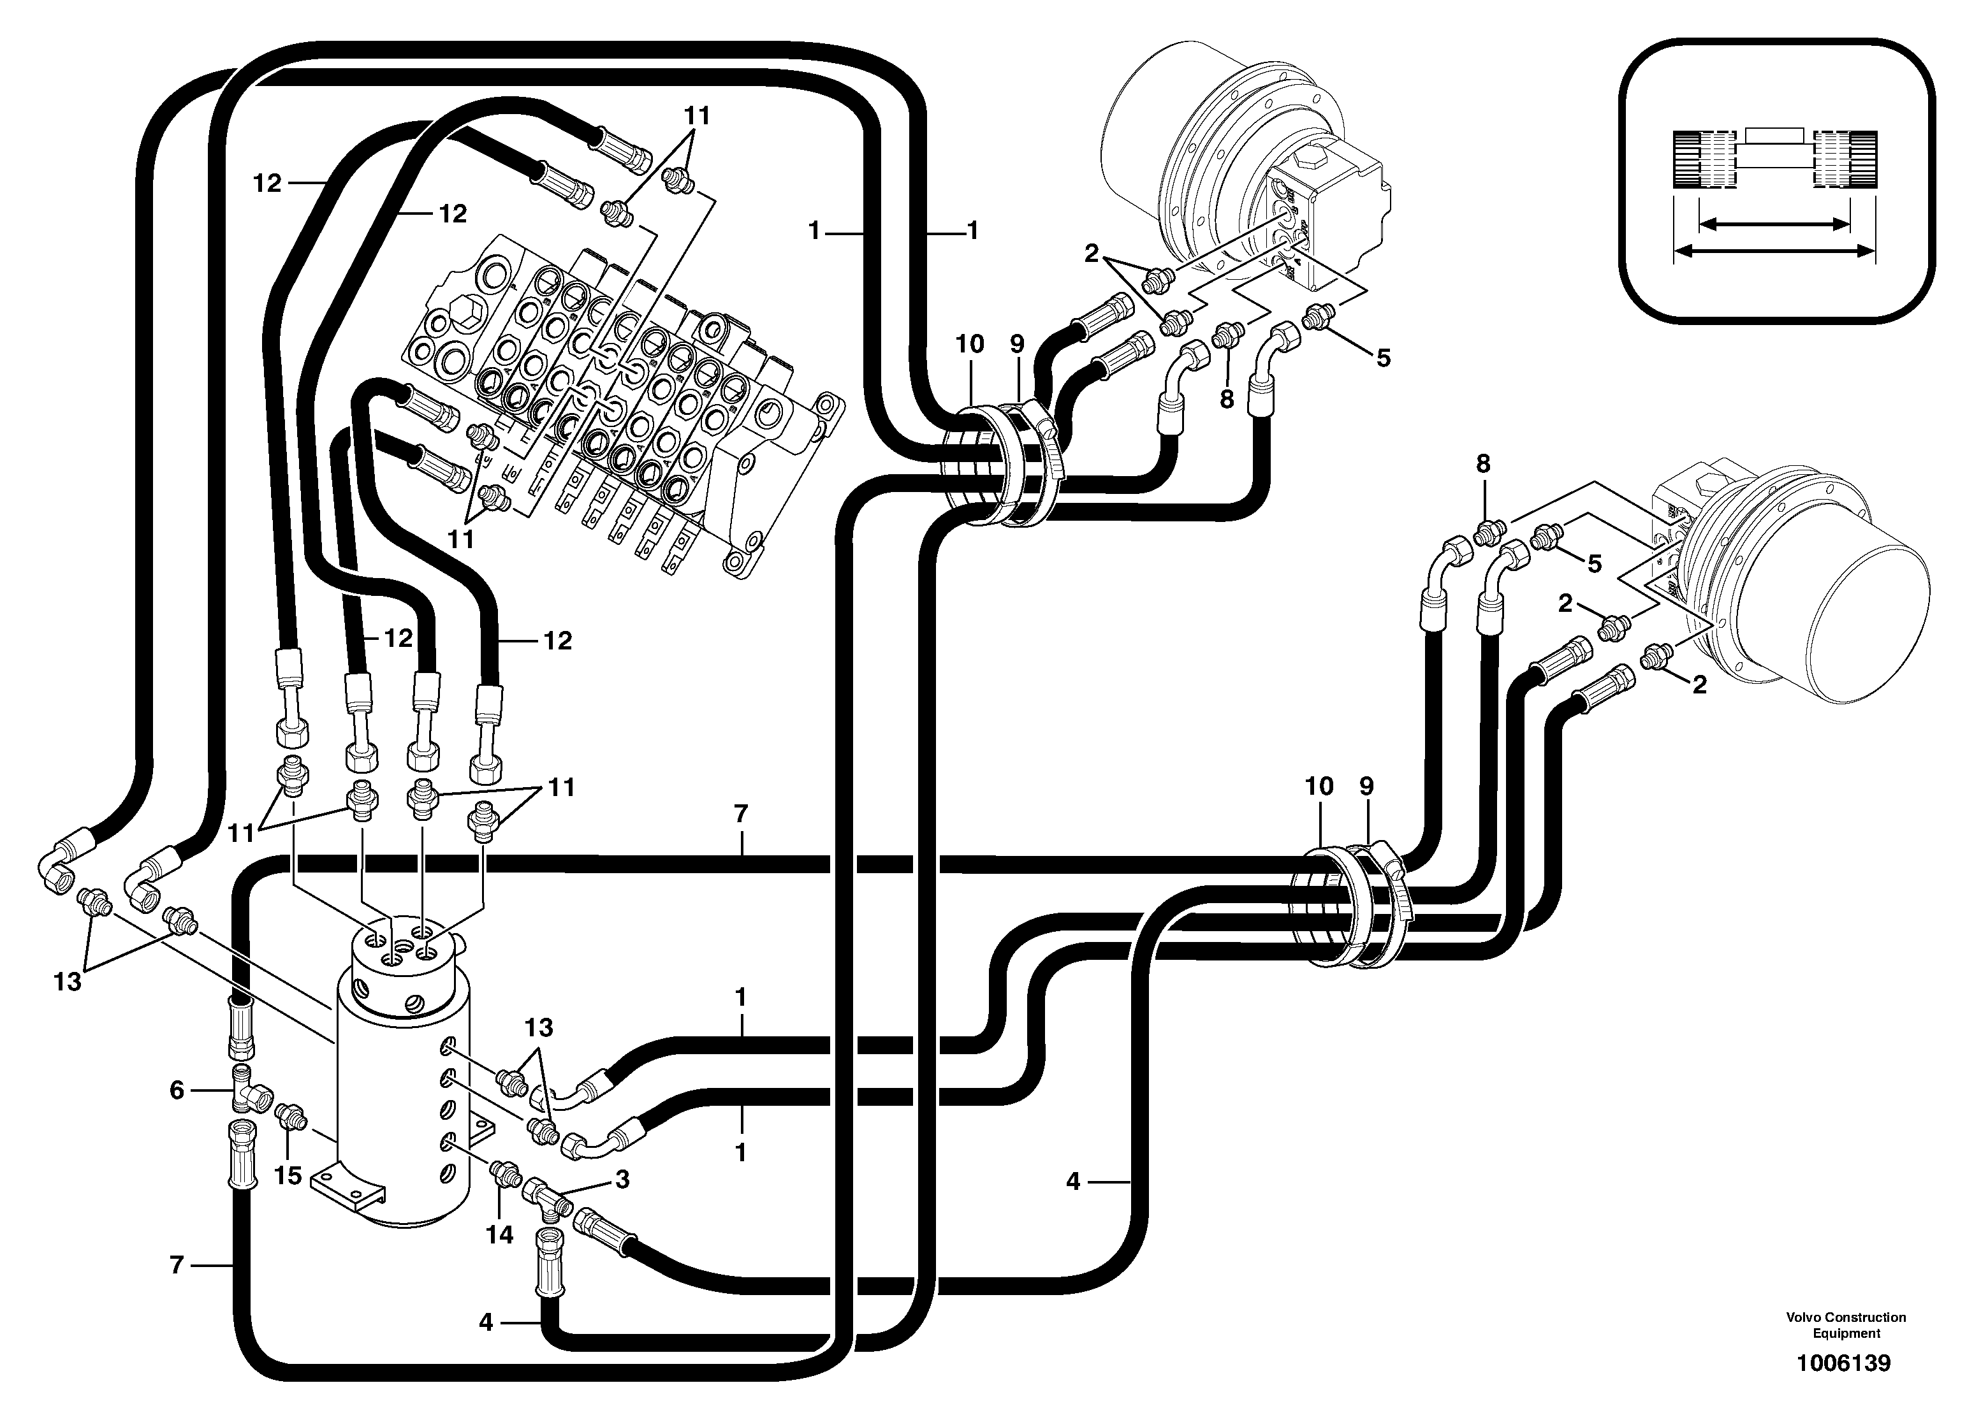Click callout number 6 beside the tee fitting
pyautogui.click(x=177, y=1090)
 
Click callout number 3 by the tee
pyautogui.click(x=622, y=1180)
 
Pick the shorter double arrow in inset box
pyautogui.click(x=1773, y=224)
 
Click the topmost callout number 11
pyautogui.click(x=696, y=116)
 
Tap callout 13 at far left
pyautogui.click(x=67, y=982)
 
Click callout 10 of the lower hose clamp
pyautogui.click(x=1319, y=786)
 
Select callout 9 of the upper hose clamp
pyautogui.click(x=1018, y=345)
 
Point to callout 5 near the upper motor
pyautogui.click(x=1383, y=358)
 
